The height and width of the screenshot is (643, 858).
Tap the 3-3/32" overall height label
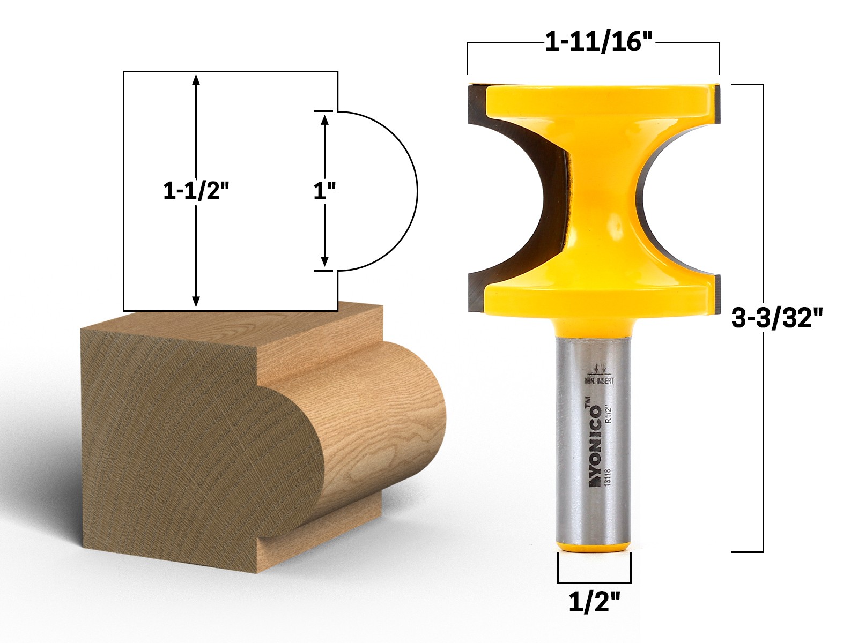tap(776, 319)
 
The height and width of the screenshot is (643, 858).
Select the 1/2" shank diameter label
tap(594, 603)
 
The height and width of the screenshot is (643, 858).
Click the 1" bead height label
tap(324, 191)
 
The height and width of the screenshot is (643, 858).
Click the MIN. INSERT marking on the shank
tap(599, 380)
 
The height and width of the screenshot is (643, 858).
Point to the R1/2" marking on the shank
tap(608, 414)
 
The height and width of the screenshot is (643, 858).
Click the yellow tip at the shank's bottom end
tap(594, 546)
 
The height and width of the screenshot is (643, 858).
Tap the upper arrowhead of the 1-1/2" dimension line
tap(196, 79)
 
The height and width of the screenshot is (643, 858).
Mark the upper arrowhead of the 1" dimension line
tap(324, 119)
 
